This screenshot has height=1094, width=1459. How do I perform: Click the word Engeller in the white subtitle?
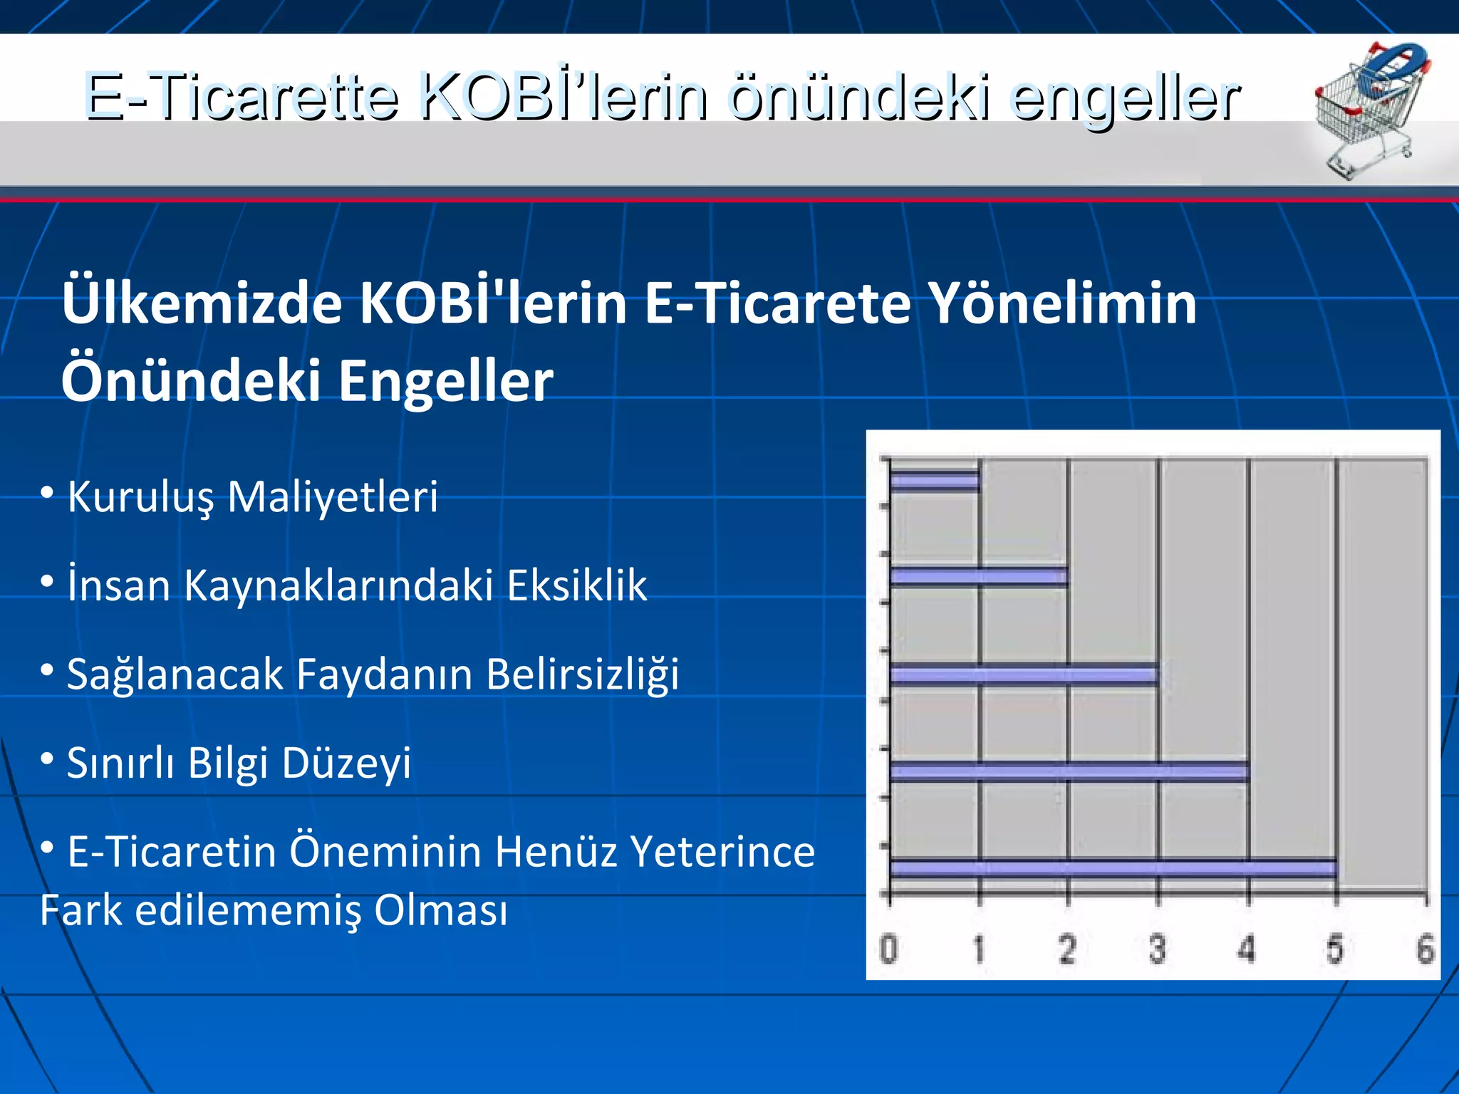(445, 381)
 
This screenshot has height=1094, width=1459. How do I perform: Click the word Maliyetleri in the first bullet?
(332, 496)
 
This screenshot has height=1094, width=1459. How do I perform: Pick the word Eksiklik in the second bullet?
(577, 585)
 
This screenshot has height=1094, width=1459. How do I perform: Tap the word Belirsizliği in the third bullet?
(582, 674)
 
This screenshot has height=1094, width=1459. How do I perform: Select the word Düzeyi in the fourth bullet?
(346, 764)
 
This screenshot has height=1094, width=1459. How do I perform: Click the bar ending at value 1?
(935, 482)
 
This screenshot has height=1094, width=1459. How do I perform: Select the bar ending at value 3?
(1023, 675)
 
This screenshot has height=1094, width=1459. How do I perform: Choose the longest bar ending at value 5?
(1113, 868)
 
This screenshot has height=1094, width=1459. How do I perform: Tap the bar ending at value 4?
(1069, 771)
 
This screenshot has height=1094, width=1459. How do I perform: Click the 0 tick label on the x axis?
(888, 949)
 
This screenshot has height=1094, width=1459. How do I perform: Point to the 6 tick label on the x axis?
(1425, 949)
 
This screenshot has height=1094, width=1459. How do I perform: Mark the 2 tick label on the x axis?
(1066, 949)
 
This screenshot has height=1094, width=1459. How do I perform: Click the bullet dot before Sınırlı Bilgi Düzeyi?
(47, 759)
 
